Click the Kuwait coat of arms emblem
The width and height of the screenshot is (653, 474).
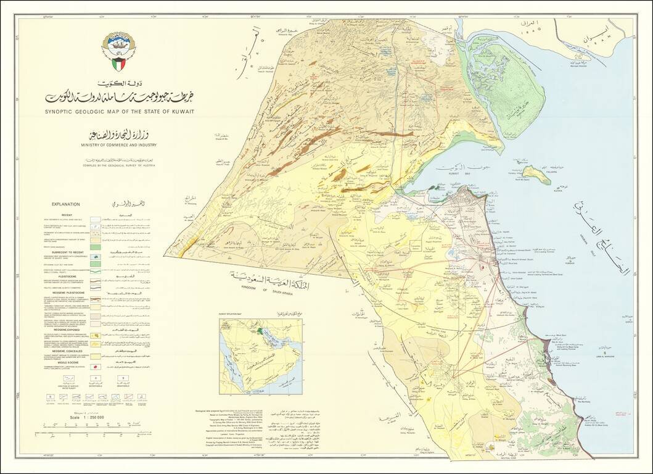pyautogui.click(x=117, y=51)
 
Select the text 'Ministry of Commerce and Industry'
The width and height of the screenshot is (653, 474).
pyautogui.click(x=118, y=146)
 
